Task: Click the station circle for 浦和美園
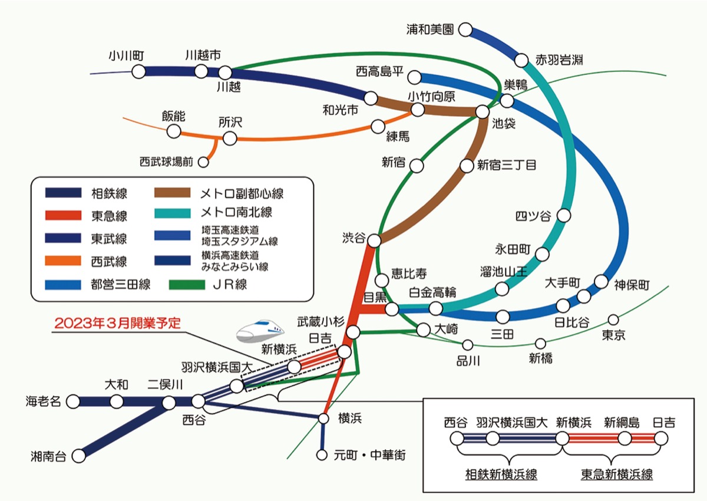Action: point(466,29)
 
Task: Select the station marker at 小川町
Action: point(138,71)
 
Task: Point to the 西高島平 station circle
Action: point(415,77)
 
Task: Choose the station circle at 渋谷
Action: point(374,239)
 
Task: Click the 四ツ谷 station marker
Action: point(564,216)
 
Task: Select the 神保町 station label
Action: point(631,286)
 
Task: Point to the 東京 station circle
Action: point(613,320)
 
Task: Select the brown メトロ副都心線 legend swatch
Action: point(172,193)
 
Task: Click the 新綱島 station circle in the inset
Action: point(625,439)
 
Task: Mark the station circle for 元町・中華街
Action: point(322,455)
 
